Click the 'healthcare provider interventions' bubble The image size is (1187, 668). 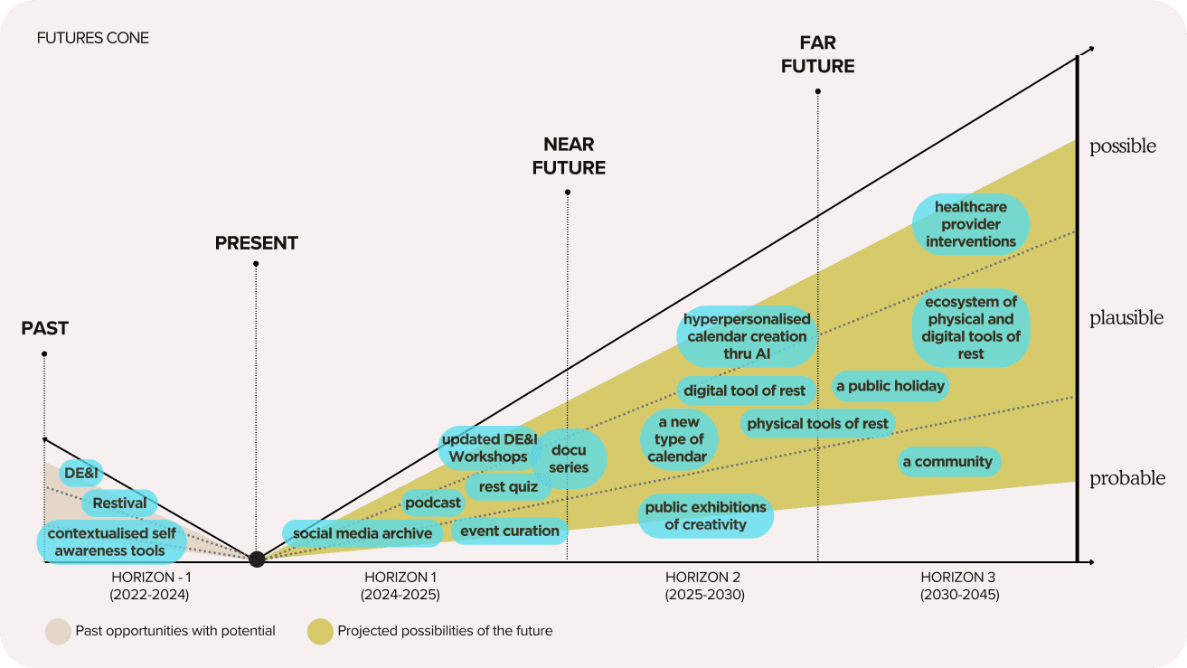click(971, 224)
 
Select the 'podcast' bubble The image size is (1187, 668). click(433, 503)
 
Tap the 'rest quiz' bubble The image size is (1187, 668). click(508, 486)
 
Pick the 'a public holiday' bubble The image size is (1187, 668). click(890, 386)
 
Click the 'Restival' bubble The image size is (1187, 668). click(119, 503)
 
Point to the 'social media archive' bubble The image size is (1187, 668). click(363, 533)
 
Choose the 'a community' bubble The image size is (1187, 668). click(947, 462)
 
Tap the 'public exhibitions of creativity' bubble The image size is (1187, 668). click(705, 515)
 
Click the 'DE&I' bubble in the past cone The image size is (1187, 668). click(80, 473)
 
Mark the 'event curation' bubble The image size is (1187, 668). click(510, 531)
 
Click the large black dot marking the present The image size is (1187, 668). click(257, 559)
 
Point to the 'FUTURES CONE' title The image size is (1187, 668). click(93, 38)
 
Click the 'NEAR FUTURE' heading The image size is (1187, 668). click(569, 155)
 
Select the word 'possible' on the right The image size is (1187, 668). click(1123, 146)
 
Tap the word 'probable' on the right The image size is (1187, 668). click(1126, 478)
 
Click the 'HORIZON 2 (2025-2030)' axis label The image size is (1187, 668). click(704, 586)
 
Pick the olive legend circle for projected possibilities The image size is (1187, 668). click(320, 631)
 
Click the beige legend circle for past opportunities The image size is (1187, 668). click(58, 631)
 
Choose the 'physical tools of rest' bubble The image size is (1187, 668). click(817, 423)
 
